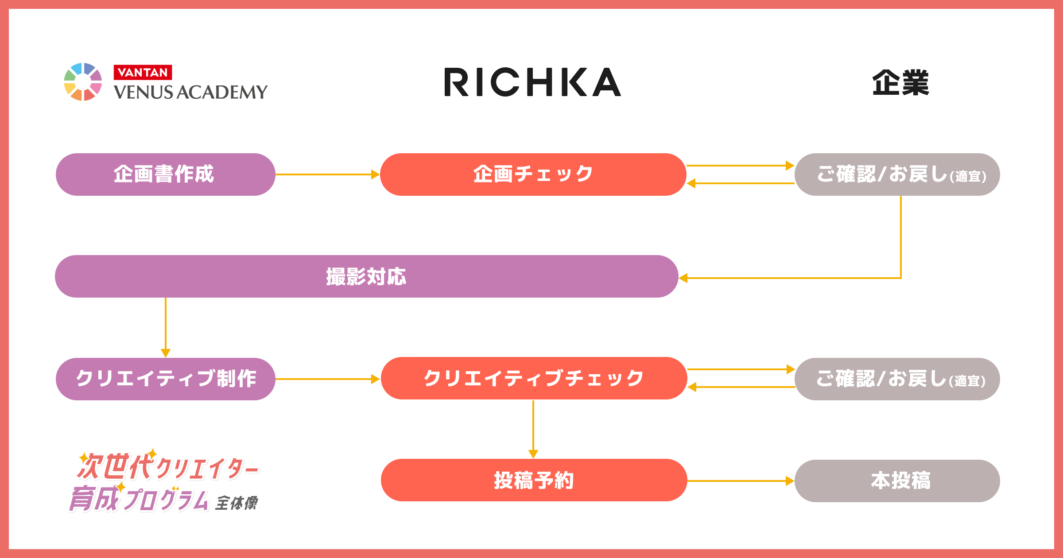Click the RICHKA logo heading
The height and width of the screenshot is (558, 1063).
point(532,82)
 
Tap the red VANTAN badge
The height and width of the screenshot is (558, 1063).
point(143,72)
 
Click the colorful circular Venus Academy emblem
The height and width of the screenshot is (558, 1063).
point(83,82)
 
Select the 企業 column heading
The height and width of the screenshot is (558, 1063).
point(900,83)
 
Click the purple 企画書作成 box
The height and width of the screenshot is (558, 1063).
point(165,174)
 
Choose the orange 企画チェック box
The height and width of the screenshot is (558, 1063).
point(533,174)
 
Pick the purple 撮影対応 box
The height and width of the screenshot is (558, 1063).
point(366,276)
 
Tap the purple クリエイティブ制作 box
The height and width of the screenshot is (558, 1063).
point(165,379)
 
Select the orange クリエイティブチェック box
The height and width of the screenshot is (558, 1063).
point(534,379)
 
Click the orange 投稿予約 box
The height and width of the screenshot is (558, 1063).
point(534,480)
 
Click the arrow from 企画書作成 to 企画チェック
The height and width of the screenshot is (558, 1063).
point(327,174)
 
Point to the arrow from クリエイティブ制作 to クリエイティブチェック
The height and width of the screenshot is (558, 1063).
point(327,379)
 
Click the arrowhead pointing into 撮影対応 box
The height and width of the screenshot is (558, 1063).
point(684,278)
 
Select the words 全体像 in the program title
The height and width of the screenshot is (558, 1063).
point(237,503)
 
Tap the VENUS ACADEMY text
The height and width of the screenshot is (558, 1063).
point(190,92)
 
